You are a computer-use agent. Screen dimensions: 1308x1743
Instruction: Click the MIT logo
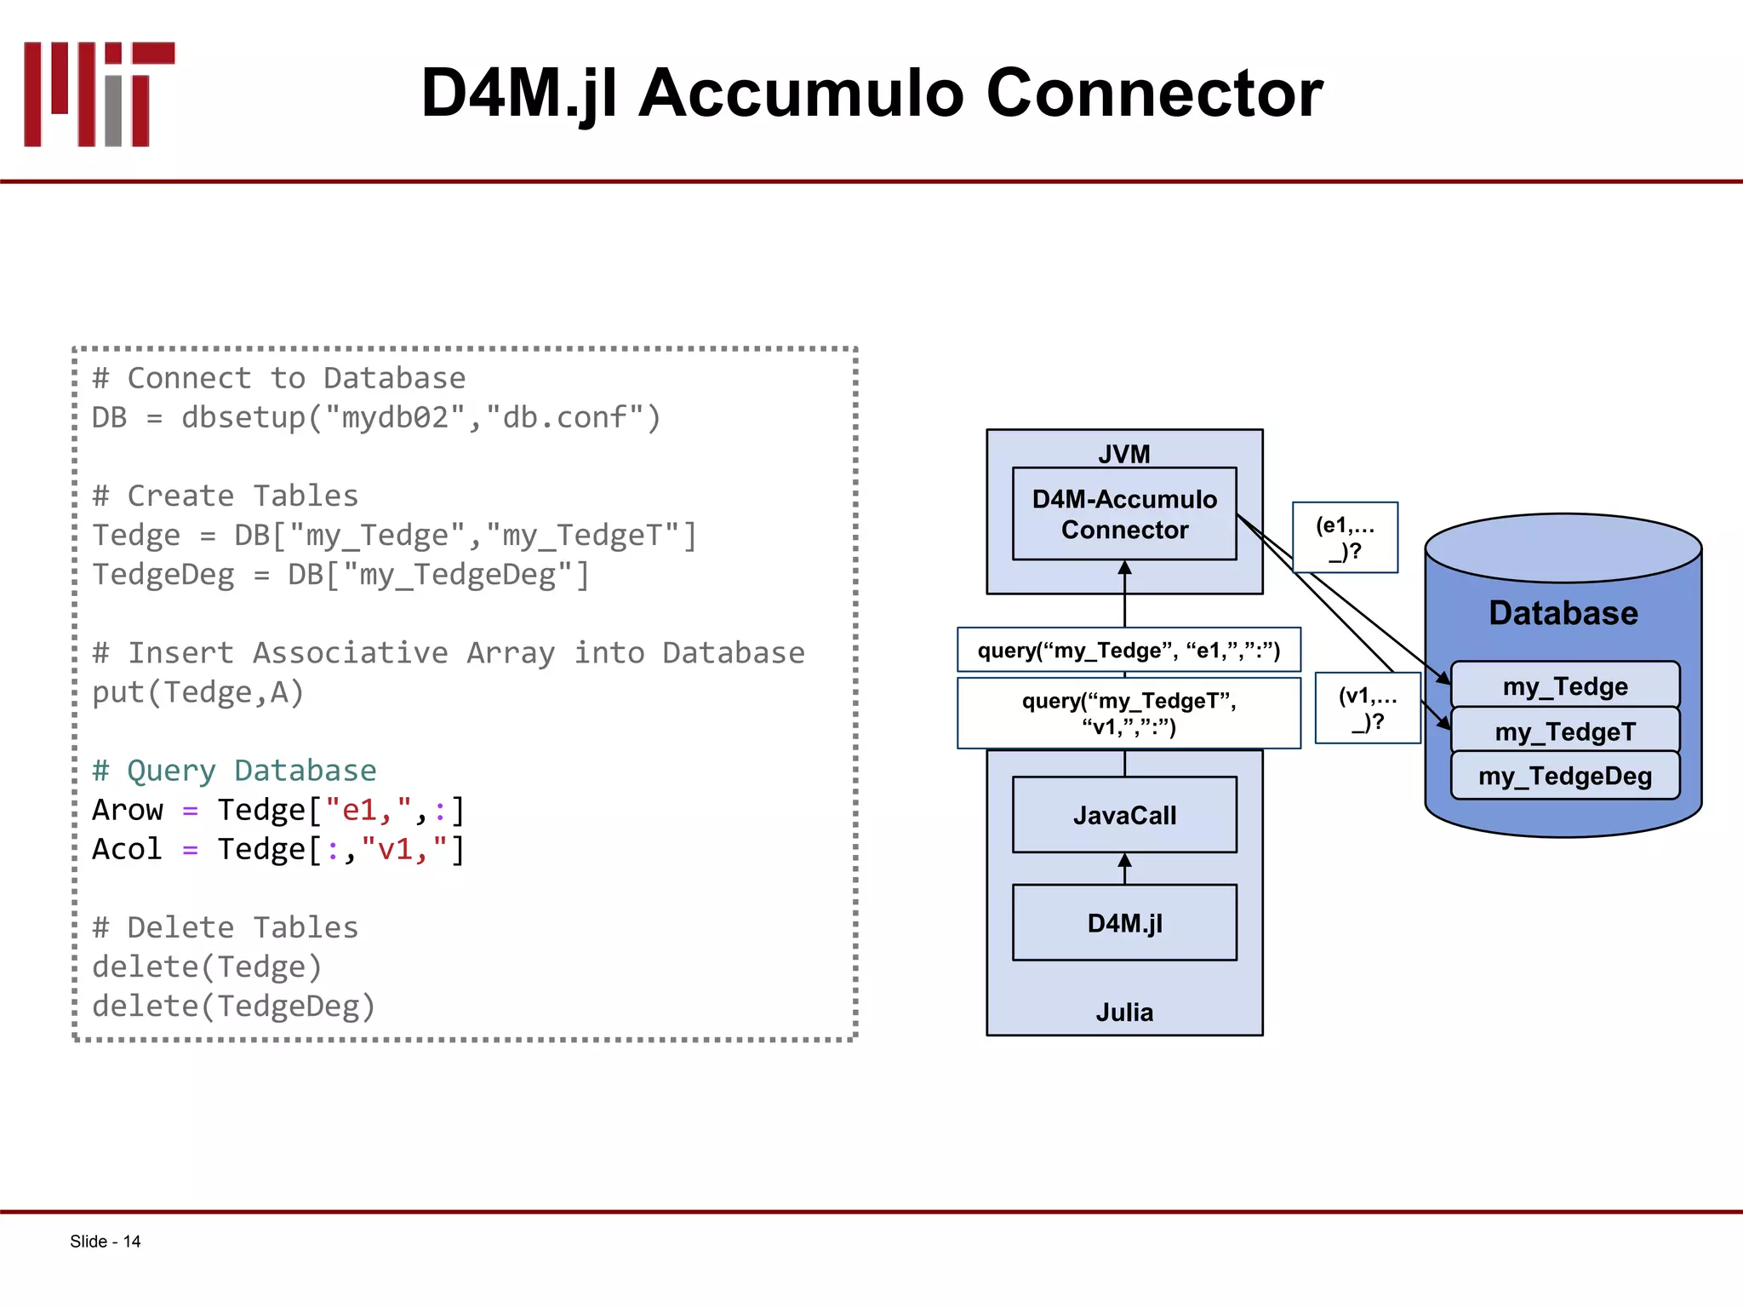click(x=99, y=94)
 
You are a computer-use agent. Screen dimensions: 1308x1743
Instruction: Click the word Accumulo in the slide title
click(x=800, y=94)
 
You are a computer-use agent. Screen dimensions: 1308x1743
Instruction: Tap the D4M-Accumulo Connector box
click(x=1123, y=514)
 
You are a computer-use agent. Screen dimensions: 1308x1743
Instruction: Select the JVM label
click(x=1123, y=454)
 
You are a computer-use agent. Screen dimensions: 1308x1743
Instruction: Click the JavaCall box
click(x=1123, y=815)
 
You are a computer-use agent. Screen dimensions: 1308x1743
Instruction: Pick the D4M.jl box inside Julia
click(x=1123, y=923)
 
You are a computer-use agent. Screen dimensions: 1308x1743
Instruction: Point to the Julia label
click(x=1123, y=1012)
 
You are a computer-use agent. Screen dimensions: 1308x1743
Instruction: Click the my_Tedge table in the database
click(x=1564, y=686)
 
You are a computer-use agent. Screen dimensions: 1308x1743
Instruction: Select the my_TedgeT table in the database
click(x=1564, y=731)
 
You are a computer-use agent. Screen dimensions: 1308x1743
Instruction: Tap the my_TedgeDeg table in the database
click(x=1564, y=776)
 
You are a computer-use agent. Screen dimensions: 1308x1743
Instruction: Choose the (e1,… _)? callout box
click(x=1345, y=537)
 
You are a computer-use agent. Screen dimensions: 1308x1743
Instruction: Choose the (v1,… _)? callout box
click(x=1368, y=708)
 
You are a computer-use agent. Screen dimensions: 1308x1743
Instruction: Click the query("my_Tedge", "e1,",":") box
click(x=1128, y=651)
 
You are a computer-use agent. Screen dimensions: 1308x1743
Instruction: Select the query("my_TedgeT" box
click(x=1128, y=713)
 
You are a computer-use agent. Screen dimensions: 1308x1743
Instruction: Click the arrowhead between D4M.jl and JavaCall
click(x=1124, y=861)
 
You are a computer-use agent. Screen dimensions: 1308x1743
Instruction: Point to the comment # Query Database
click(x=234, y=770)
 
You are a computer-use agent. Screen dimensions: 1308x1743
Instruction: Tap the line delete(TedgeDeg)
click(x=233, y=1006)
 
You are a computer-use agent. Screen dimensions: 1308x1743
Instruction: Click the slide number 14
click(x=131, y=1242)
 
